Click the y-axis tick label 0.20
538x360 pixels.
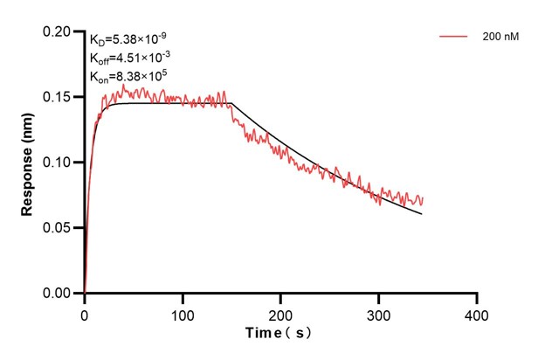[59, 31]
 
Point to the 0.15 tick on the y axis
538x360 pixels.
[59, 97]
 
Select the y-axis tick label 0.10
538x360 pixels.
[59, 163]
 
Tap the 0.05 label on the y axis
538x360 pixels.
[59, 228]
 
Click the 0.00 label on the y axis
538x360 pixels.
[59, 294]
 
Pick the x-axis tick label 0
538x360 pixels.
[85, 313]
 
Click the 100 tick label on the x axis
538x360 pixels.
[183, 313]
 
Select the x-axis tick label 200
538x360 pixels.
[280, 313]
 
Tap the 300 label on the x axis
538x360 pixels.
[378, 313]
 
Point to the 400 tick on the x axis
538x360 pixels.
[476, 313]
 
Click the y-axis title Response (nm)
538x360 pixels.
[28, 162]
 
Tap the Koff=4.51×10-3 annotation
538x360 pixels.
[124, 58]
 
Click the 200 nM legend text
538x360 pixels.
[499, 37]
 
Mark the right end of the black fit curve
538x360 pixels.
[422, 214]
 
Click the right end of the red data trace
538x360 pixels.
[422, 200]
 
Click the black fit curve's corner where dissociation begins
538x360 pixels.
[231, 104]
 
